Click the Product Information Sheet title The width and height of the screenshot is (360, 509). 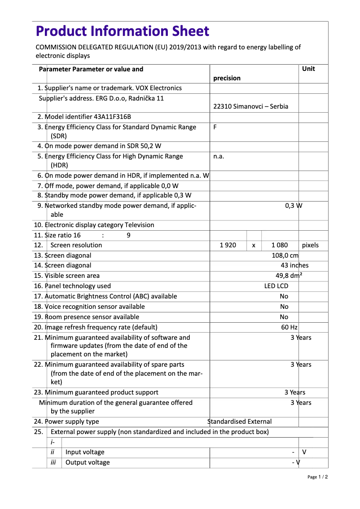122,31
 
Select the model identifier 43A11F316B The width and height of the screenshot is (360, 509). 112,117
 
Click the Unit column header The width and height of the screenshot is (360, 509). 308,69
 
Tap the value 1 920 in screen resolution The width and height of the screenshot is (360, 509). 228,245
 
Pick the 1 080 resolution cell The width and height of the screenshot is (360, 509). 280,245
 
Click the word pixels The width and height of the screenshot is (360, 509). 310,245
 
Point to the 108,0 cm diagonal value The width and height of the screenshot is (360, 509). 285,255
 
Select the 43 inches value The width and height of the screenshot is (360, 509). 295,265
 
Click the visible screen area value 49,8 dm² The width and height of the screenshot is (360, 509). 289,276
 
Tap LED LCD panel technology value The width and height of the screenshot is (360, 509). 276,286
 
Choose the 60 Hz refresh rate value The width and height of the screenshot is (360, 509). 290,327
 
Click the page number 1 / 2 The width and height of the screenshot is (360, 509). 317,477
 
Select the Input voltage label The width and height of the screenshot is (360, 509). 85,452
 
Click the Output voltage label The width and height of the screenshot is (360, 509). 88,462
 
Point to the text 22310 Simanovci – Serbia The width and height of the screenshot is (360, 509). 250,106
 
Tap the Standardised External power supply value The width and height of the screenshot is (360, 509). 240,421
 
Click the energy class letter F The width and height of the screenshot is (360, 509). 215,127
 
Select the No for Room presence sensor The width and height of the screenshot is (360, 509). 284,317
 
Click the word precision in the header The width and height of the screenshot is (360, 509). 227,78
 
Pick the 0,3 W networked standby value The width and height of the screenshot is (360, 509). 294,206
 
